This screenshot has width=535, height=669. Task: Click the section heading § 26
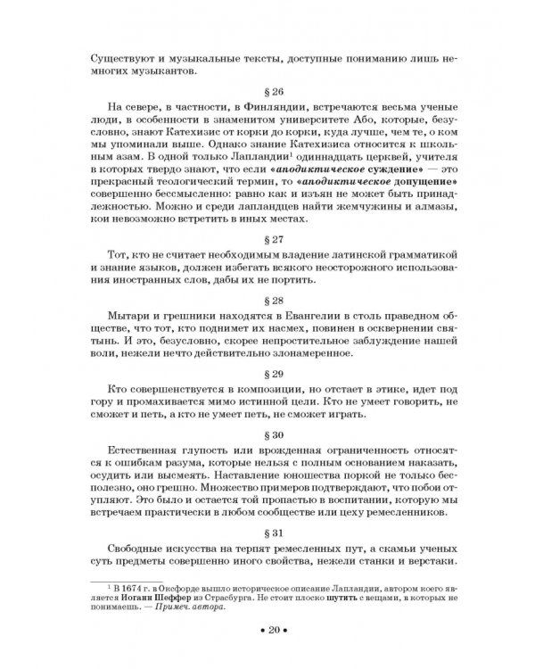tap(268, 93)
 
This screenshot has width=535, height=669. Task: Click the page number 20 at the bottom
tap(268, 631)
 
